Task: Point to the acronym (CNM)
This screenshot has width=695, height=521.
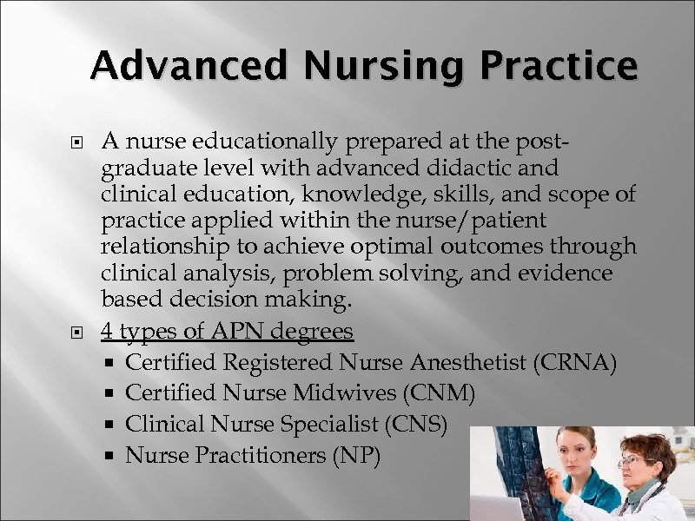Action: [x=439, y=393]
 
